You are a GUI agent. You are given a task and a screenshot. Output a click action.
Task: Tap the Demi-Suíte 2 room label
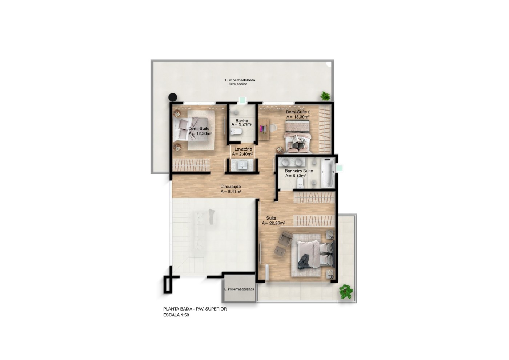298,112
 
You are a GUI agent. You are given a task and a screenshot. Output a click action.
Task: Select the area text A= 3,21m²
242,124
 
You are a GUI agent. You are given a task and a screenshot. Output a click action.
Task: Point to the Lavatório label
243,149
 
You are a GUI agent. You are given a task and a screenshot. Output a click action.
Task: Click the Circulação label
231,187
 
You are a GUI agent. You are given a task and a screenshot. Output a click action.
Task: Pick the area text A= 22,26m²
273,223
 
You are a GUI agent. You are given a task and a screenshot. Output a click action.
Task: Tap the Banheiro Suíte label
299,171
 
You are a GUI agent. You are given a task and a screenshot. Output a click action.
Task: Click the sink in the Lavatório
243,165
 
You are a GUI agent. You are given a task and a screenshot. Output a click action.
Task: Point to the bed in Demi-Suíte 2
298,136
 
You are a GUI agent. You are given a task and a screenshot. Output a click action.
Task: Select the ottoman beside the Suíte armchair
280,251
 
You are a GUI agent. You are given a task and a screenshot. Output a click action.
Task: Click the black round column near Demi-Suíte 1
173,97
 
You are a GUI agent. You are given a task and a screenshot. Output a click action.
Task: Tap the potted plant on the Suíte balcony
346,292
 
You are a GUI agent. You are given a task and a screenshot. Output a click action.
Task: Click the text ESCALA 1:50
176,315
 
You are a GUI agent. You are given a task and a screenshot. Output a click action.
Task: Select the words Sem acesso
238,84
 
